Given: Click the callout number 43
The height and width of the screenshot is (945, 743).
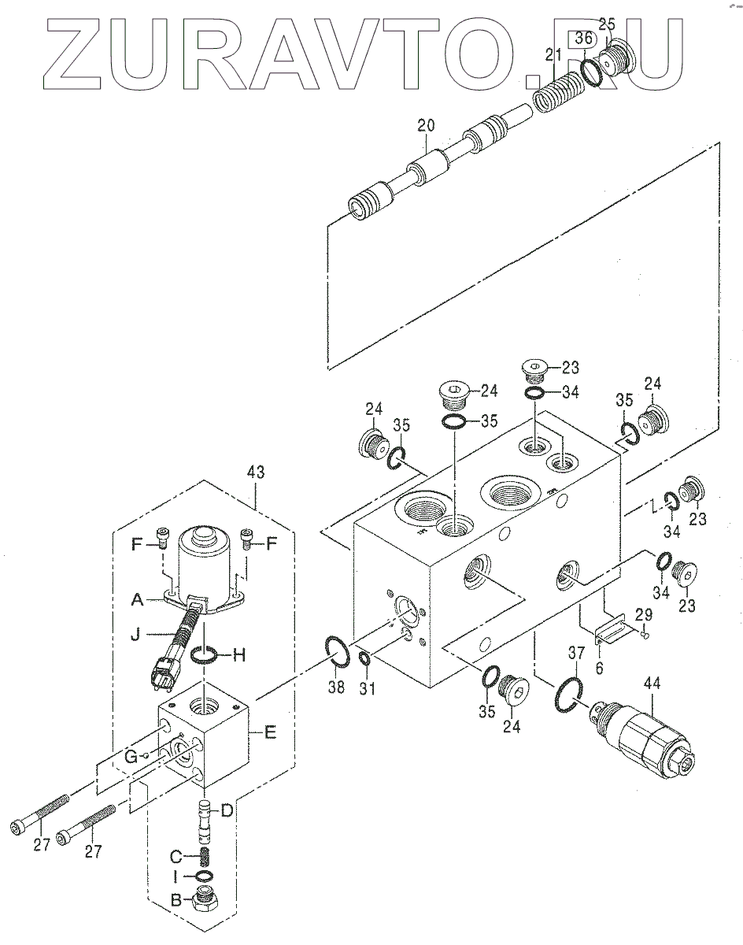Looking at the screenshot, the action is tap(256, 472).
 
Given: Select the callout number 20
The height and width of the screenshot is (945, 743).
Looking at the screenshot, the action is tap(426, 125).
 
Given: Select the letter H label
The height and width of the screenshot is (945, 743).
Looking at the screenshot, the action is tap(238, 656).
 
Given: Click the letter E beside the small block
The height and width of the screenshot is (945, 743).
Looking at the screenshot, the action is tap(270, 732).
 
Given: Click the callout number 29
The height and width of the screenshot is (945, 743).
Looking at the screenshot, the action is tap(643, 614).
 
